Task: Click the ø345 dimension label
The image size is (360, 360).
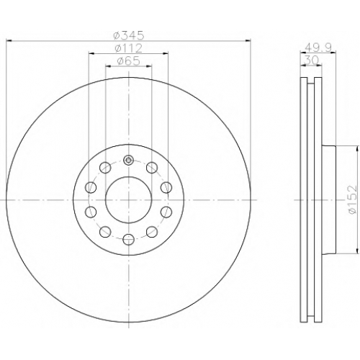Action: [129, 35]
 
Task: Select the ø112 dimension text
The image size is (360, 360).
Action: [129, 48]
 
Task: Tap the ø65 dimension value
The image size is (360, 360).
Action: [129, 61]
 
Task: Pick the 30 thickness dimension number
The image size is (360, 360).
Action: [311, 60]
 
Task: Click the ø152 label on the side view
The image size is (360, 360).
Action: [352, 199]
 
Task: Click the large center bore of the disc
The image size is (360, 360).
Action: [129, 199]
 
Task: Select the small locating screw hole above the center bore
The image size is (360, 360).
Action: [129, 160]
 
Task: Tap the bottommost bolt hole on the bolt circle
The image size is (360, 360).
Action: [129, 239]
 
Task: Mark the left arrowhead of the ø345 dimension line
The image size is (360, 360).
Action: [9, 41]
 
